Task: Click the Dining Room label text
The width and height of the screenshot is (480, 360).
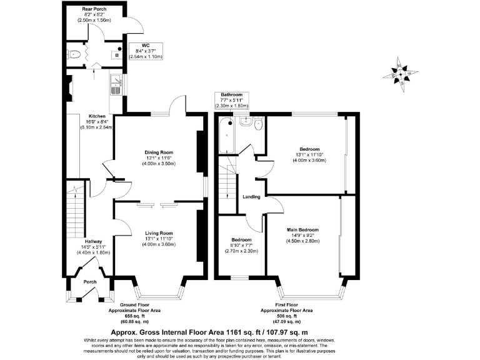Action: pos(159,152)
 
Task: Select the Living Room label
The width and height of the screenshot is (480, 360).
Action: pos(159,232)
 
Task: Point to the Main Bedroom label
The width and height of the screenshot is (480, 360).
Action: pos(302,229)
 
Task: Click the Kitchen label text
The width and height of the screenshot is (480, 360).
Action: pos(96,116)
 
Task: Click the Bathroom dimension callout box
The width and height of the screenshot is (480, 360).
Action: pos(232,100)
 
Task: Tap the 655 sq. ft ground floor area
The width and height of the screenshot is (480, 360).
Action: pos(149,315)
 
